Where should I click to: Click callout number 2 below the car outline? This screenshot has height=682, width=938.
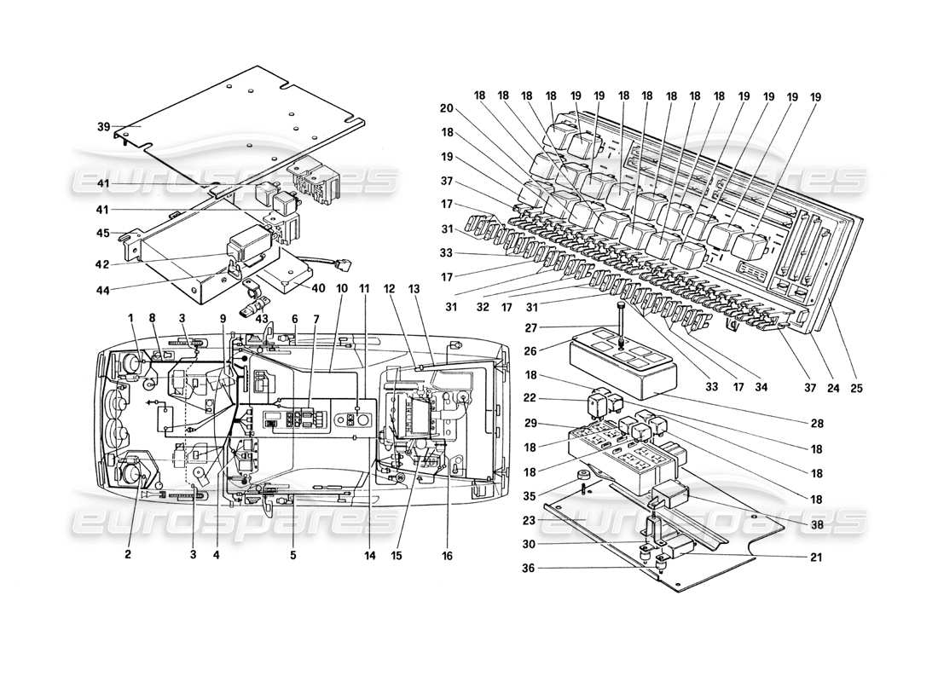[127, 554]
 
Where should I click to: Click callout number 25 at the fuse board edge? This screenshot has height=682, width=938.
[856, 389]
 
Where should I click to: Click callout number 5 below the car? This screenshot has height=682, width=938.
[294, 554]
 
